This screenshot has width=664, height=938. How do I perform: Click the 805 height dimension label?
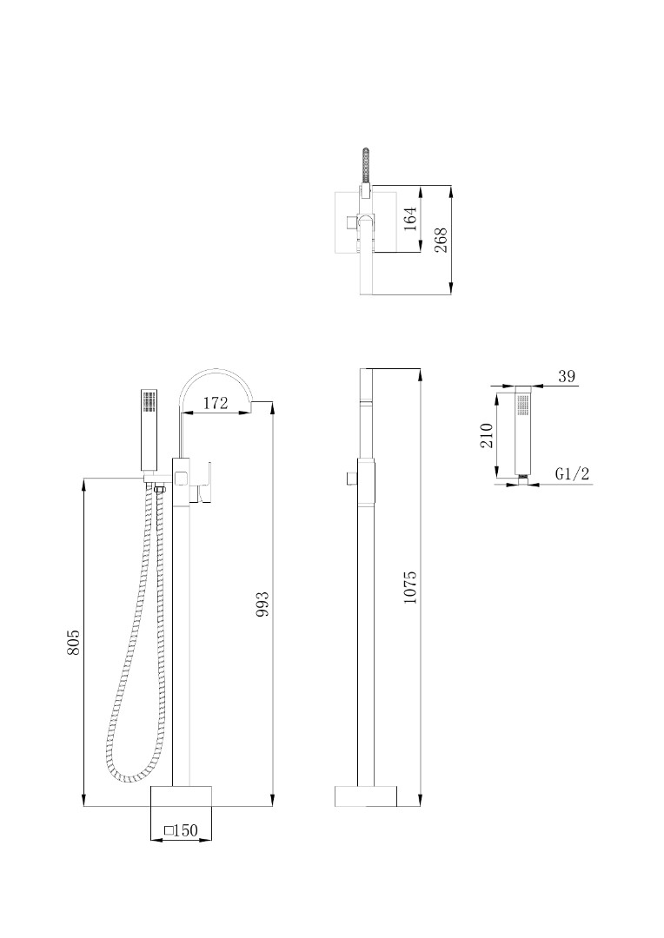(x=73, y=641)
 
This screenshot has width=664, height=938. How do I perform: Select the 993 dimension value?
(x=262, y=604)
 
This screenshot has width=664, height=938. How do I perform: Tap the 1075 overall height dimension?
(x=409, y=587)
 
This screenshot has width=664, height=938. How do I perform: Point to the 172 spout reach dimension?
(x=216, y=403)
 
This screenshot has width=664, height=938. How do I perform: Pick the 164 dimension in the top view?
(x=409, y=219)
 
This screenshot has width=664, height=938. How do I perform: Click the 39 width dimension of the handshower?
(x=567, y=376)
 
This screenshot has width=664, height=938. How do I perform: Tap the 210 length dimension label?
(x=486, y=435)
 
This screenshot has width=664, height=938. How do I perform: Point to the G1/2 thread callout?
(x=573, y=474)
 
